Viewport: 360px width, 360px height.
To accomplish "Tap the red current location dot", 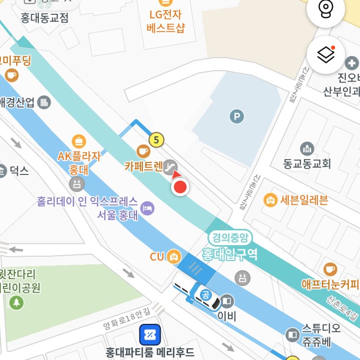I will click(x=180, y=187).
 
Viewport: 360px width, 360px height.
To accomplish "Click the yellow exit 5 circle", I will click(x=156, y=140).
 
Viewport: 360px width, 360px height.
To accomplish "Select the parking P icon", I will click(x=236, y=116).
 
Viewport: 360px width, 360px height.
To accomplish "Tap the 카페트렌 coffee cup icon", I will click(x=143, y=151).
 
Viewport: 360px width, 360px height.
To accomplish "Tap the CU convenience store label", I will click(x=157, y=257).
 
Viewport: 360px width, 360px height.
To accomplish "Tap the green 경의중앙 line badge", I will click(x=230, y=237).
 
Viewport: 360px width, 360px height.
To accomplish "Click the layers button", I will click(x=326, y=55).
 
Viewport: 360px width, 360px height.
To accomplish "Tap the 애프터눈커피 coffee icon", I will click(x=330, y=268).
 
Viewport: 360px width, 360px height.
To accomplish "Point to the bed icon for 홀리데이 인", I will click(x=149, y=208).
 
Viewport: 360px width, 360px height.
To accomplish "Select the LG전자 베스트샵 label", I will click(x=166, y=21).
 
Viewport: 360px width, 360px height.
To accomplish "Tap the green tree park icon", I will click(x=17, y=302).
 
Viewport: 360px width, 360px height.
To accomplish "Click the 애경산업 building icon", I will click(x=44, y=102).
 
